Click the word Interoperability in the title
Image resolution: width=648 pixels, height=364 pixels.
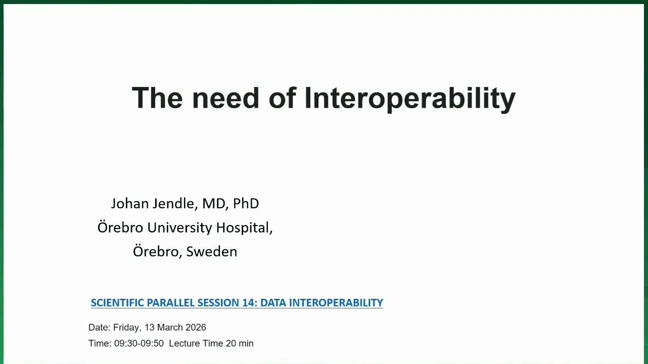(410, 99)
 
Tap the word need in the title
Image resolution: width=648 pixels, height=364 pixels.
(225, 99)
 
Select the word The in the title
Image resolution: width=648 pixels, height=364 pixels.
(157, 98)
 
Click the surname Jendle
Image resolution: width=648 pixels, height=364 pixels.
(175, 203)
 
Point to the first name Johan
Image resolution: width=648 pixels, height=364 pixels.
(130, 203)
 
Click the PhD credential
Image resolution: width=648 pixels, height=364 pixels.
(246, 203)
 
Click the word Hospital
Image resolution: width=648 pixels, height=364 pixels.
(244, 228)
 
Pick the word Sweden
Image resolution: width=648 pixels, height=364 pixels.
(211, 251)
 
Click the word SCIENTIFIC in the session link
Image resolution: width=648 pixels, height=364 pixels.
(117, 303)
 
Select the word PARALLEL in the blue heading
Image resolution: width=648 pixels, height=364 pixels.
(171, 303)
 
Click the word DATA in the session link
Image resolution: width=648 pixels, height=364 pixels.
(273, 303)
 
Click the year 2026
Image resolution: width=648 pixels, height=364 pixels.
(196, 327)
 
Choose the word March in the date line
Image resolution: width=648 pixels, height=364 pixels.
(170, 327)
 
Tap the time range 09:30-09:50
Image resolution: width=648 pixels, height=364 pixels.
(139, 343)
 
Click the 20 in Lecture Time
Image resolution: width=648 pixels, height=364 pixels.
(231, 343)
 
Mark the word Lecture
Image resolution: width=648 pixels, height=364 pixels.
(184, 343)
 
